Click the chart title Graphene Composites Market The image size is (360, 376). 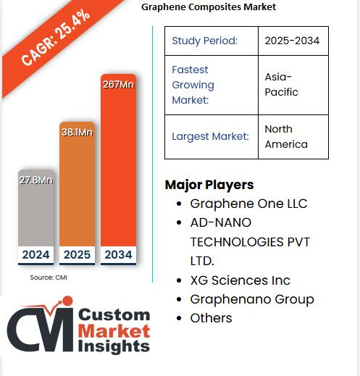coord(209,7)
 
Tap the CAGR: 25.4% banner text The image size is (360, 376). coord(56,38)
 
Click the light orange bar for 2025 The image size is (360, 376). coord(77,188)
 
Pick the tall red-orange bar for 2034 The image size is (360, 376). coord(118,167)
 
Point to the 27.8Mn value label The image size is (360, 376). coord(36,179)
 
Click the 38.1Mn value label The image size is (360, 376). coord(77,133)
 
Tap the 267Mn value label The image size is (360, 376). coord(118,84)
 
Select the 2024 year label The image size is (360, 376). coord(36,254)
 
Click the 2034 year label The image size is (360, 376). coord(118,254)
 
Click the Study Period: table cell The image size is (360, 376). coord(204,41)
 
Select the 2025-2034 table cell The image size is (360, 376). coord(292,41)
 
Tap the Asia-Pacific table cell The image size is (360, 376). coord(282,85)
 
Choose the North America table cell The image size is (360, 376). coord(286,136)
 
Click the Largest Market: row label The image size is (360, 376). coord(210,136)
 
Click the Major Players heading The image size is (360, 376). coord(209,185)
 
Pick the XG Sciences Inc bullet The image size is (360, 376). coord(240,280)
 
